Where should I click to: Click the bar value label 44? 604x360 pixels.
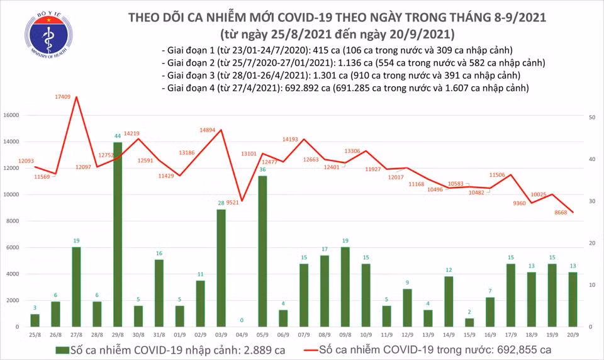117,136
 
